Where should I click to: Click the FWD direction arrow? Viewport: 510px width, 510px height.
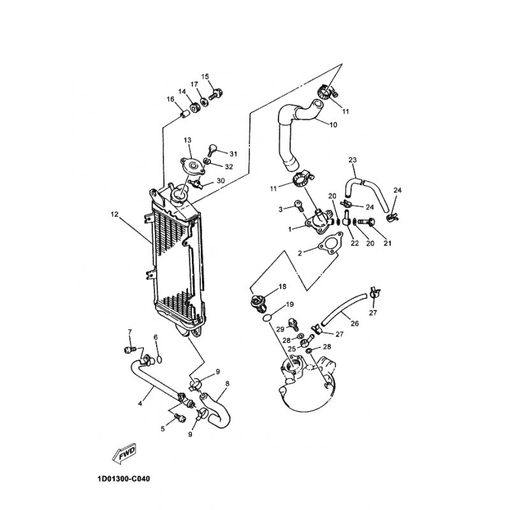124,453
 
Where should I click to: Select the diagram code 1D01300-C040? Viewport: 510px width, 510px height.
124,479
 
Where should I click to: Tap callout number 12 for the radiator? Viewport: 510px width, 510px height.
115,214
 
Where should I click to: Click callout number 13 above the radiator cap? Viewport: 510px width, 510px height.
187,140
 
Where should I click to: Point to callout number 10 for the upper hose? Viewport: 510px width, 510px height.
333,124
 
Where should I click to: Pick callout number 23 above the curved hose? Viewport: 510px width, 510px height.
353,160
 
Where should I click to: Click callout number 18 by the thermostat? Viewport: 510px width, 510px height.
282,286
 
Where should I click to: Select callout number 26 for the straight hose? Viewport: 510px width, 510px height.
354,323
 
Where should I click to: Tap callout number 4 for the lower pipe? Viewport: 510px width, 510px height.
140,404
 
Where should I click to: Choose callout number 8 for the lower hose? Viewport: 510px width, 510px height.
227,384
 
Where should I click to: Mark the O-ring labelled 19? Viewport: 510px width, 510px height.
266,317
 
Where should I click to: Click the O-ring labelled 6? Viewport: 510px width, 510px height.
159,360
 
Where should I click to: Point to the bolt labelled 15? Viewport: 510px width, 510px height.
215,94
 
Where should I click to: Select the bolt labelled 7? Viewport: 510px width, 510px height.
129,349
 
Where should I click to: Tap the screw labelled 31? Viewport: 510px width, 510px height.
212,149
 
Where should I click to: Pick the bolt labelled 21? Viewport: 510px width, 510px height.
367,222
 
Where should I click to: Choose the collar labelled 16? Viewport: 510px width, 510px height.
185,114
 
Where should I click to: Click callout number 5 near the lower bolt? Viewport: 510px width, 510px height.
163,429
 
